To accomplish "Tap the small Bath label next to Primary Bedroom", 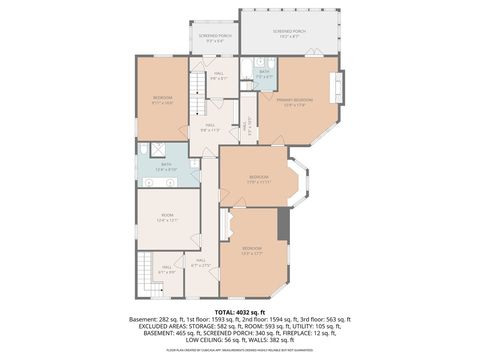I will (265, 73).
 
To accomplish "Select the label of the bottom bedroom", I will (251, 250).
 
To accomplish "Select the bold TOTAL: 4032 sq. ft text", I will (240, 311).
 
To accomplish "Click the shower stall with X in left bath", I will (146, 149).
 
